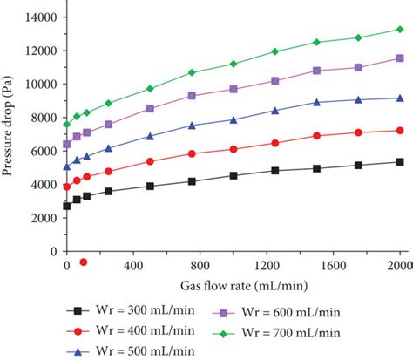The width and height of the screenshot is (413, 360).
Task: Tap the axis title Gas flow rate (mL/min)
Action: click(x=233, y=286)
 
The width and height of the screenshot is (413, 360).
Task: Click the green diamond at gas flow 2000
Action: click(x=400, y=29)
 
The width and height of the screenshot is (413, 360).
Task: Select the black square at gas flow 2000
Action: click(x=400, y=162)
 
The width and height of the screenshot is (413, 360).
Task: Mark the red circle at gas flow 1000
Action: click(x=234, y=149)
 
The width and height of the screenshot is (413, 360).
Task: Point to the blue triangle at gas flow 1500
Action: click(x=317, y=102)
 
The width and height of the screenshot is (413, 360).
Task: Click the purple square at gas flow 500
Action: click(x=150, y=109)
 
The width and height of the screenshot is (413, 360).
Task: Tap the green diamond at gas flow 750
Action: click(x=192, y=72)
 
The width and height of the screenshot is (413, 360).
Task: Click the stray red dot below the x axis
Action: click(x=84, y=262)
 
